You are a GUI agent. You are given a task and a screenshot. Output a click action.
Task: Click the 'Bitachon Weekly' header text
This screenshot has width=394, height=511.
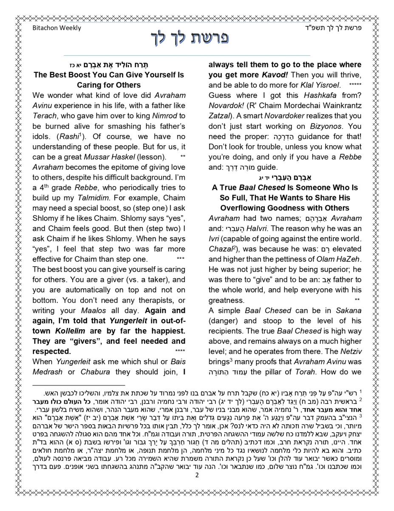[57, 28]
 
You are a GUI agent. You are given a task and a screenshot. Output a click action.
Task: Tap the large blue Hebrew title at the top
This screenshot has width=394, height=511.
[190, 38]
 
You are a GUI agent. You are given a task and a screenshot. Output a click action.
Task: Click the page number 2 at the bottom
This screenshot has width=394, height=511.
[197, 475]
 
